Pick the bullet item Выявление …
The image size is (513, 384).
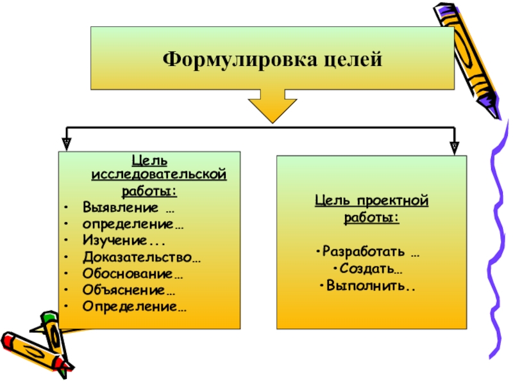128,208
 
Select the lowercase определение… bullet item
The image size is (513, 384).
132,223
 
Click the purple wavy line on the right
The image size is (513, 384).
494,243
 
